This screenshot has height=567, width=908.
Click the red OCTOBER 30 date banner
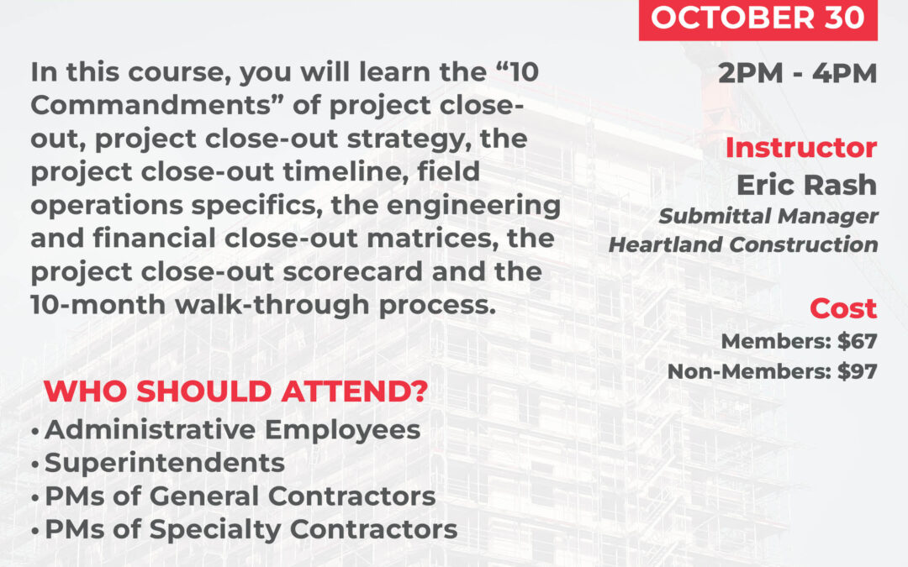758,19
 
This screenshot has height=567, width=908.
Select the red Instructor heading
800,148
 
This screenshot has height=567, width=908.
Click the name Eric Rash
806,184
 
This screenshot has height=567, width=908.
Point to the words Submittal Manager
768,216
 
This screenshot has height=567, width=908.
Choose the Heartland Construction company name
743,245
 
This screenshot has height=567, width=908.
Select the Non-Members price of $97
857,370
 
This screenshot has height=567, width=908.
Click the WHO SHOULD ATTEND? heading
235,391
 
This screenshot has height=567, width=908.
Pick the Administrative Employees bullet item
232,429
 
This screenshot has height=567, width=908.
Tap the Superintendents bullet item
165,462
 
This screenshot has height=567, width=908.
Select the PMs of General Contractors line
240,496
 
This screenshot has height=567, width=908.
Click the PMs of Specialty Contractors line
251,529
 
